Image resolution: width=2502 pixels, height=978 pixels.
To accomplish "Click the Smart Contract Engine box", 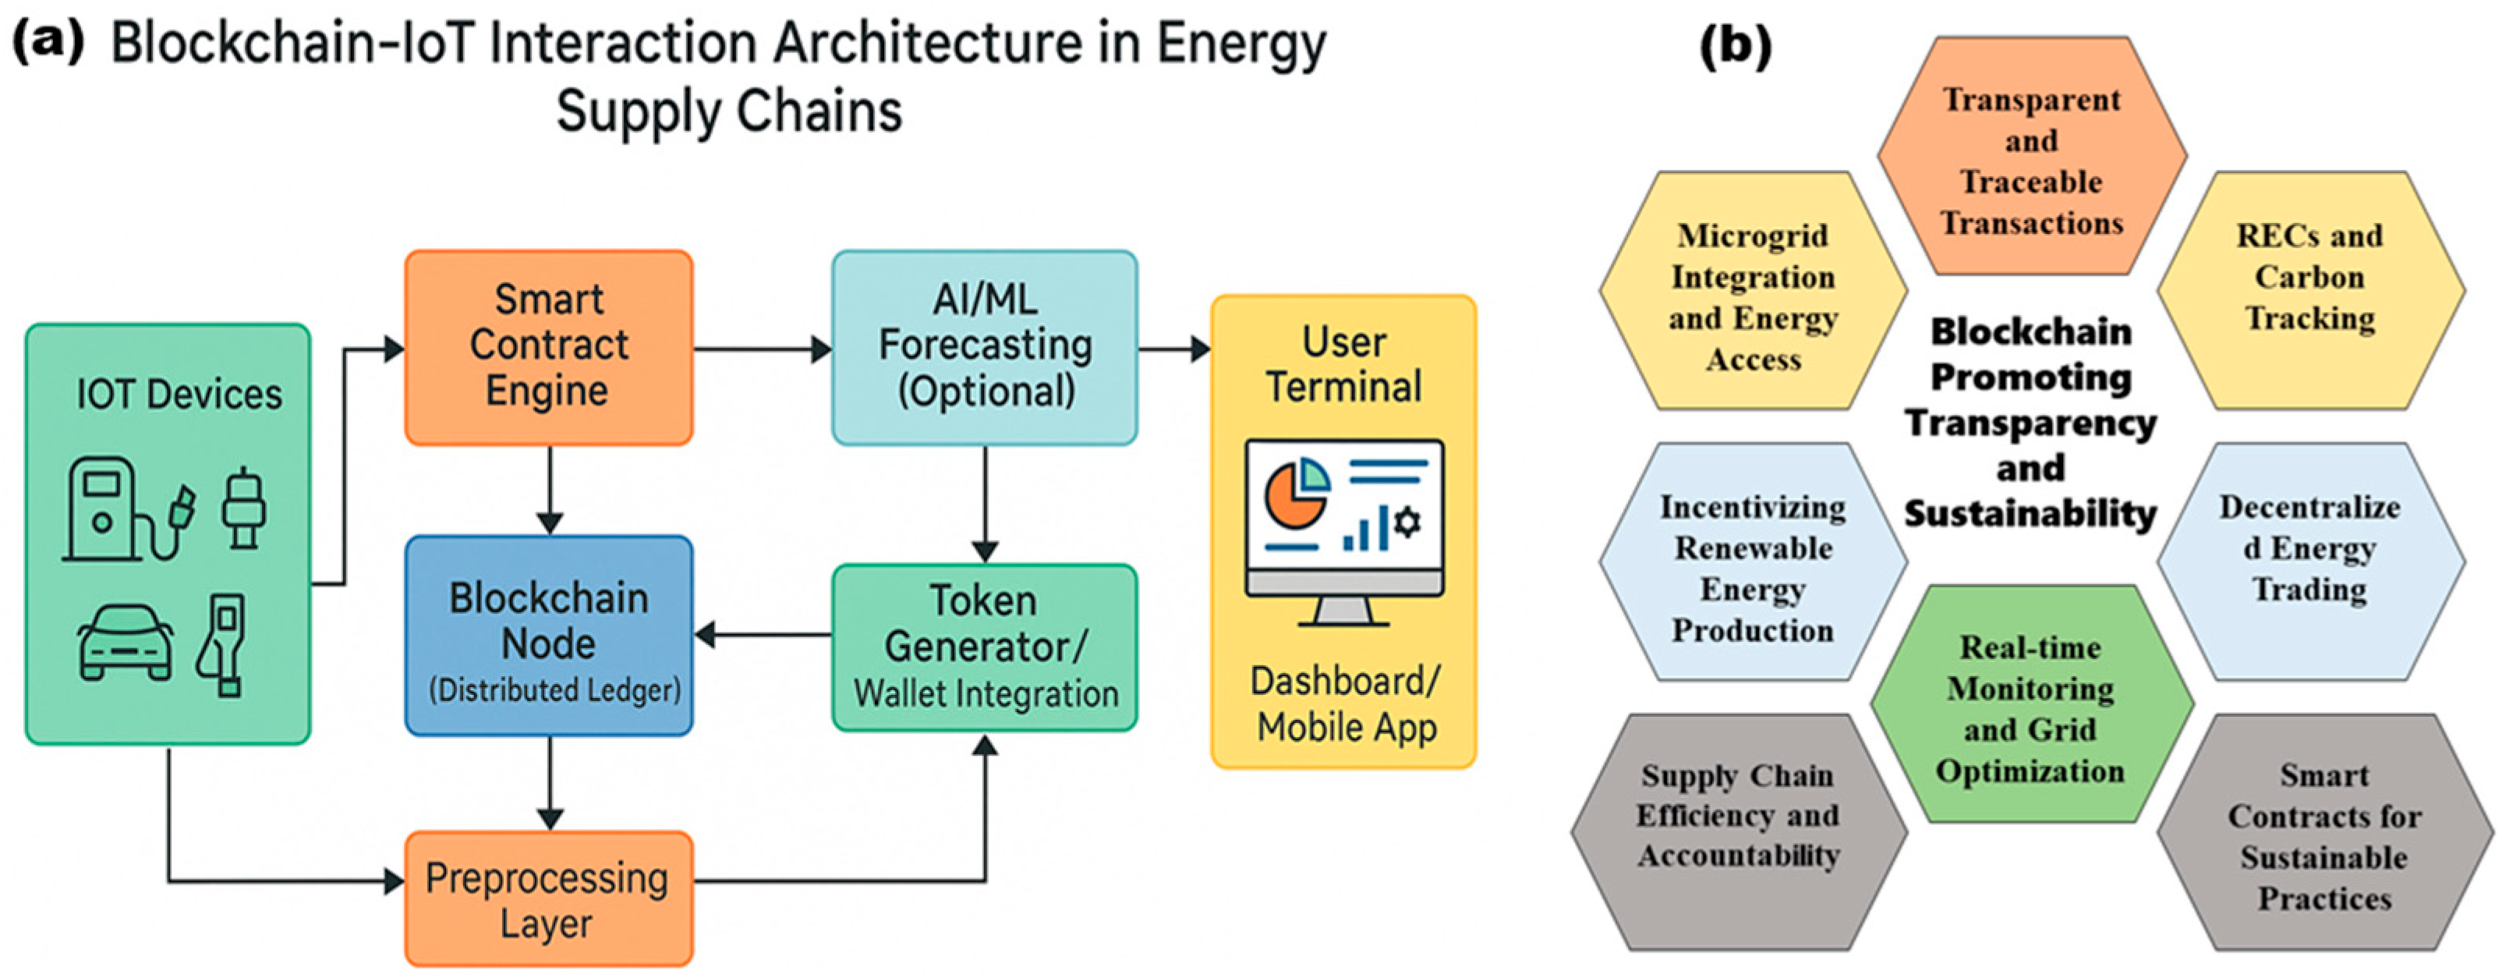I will tap(549, 347).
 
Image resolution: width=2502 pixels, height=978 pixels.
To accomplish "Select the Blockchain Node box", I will tap(549, 636).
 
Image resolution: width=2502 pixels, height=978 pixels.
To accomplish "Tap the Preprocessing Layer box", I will tap(549, 898).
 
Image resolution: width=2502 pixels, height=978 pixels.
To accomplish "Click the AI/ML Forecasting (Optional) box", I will tap(984, 347).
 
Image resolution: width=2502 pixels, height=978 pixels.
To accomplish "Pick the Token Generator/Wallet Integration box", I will tap(984, 647).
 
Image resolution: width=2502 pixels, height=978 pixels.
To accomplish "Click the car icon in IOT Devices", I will tap(126, 642).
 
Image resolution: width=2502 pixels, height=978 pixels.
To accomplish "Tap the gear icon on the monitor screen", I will tap(1407, 523).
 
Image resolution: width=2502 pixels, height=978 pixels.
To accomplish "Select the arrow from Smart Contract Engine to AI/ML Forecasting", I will tap(763, 349).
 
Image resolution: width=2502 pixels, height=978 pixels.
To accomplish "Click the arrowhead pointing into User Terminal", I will tap(1201, 349).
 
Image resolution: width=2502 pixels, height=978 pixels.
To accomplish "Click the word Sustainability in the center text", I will tap(2030, 513).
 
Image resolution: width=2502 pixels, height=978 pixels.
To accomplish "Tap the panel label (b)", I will tap(1735, 46).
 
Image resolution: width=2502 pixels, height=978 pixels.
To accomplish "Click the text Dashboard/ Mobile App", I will tap(1345, 703).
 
